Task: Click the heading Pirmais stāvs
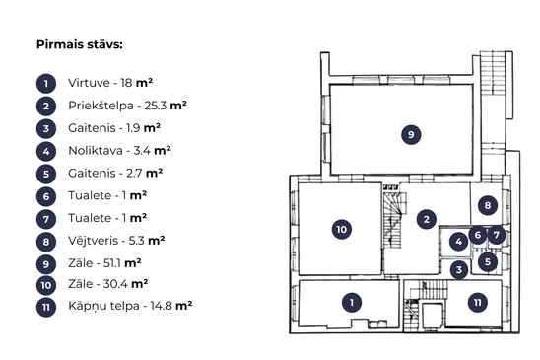point(80,44)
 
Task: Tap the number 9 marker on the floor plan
point(411,134)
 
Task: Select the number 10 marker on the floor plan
point(342,229)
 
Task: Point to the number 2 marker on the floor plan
point(427,219)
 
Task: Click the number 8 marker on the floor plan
point(488,205)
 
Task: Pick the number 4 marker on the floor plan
point(459,242)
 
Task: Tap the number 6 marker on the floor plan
point(478,235)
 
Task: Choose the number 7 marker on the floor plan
point(497,235)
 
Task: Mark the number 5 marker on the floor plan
point(488,261)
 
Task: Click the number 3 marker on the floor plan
point(459,269)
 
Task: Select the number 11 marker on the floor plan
point(478,303)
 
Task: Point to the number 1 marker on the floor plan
point(352,303)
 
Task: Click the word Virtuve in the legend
point(89,83)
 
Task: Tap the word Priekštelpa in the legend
point(101,106)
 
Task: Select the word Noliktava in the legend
point(96,151)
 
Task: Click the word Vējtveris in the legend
point(93,241)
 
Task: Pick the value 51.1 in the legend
point(112,263)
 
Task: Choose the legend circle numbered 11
point(46,307)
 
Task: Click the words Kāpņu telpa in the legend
point(103,306)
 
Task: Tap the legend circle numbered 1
point(46,84)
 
